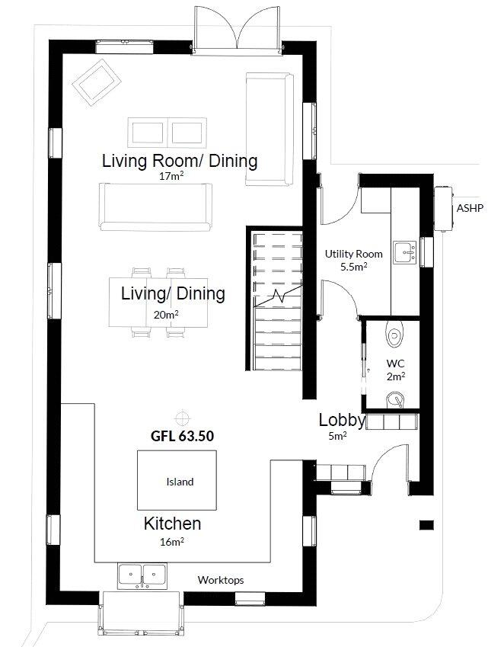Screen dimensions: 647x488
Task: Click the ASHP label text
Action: (469, 207)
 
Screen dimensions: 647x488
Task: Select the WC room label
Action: (395, 364)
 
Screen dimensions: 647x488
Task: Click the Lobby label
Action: (342, 420)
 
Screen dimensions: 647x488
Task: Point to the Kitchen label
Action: (173, 524)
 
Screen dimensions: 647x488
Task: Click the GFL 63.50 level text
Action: (181, 437)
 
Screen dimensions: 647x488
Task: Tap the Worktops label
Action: (221, 580)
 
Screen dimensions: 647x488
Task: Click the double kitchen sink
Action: (142, 574)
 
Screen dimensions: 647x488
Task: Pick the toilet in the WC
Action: (394, 334)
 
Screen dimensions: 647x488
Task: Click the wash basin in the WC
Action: (395, 399)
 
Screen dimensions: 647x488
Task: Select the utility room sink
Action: (403, 251)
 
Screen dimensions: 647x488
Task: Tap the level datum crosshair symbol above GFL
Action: (182, 417)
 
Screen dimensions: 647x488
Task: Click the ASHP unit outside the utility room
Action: (442, 207)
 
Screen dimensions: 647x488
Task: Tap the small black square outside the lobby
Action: (426, 524)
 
